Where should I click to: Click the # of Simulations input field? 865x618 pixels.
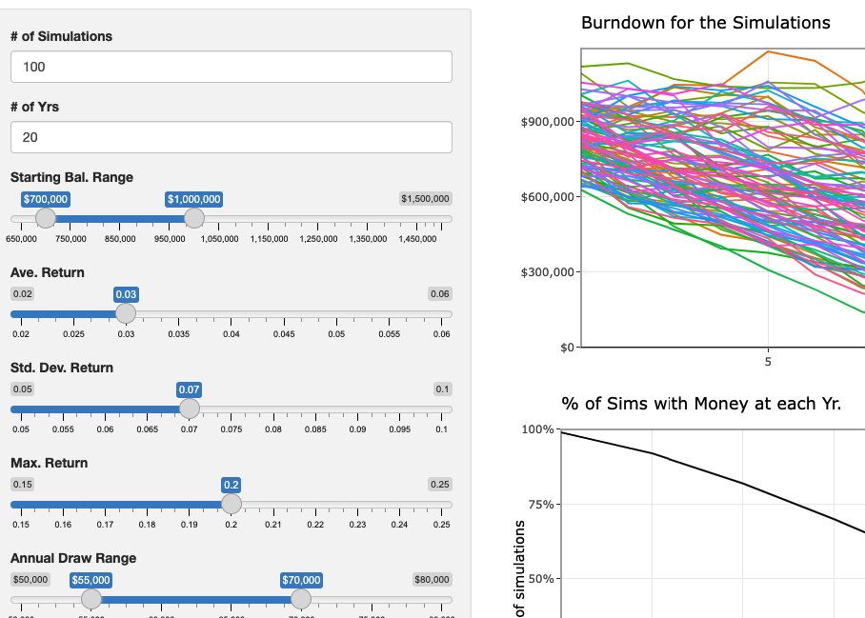(x=231, y=67)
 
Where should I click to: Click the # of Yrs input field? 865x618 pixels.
(x=231, y=137)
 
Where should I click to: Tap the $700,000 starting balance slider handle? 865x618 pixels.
(x=46, y=218)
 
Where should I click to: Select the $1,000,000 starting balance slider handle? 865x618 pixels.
(x=193, y=218)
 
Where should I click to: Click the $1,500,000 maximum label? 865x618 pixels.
(x=426, y=199)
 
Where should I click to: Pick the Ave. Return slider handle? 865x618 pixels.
(x=126, y=313)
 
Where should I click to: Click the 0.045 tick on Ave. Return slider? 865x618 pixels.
(x=284, y=334)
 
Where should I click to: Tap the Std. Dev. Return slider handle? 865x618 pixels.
(x=190, y=409)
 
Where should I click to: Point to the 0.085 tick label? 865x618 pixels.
(x=314, y=429)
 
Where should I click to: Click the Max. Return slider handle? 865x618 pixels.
(x=231, y=504)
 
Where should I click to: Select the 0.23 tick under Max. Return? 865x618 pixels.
(x=357, y=525)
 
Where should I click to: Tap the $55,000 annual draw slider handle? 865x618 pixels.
(x=91, y=599)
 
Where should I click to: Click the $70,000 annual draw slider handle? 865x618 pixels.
(x=301, y=599)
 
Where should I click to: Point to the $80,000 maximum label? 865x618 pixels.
(x=432, y=580)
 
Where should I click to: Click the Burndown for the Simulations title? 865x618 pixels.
(x=705, y=23)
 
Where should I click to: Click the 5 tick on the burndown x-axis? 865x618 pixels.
(x=767, y=362)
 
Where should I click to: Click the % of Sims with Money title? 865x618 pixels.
(x=701, y=404)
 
